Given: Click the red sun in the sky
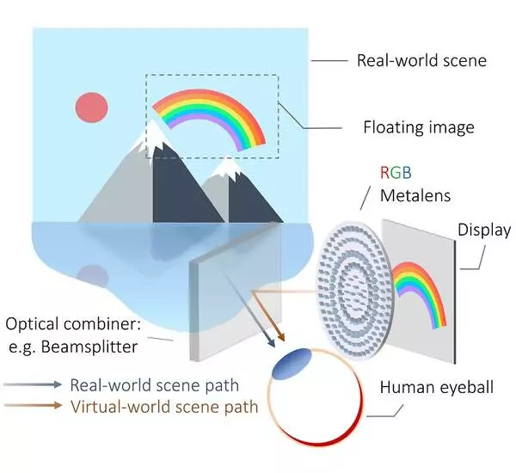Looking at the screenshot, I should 91,107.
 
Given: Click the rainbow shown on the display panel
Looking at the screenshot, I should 420,288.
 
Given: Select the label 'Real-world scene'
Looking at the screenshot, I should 421,61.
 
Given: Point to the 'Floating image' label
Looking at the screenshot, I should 419,128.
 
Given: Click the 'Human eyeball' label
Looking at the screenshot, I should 437,388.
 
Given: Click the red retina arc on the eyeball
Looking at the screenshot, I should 344,444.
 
